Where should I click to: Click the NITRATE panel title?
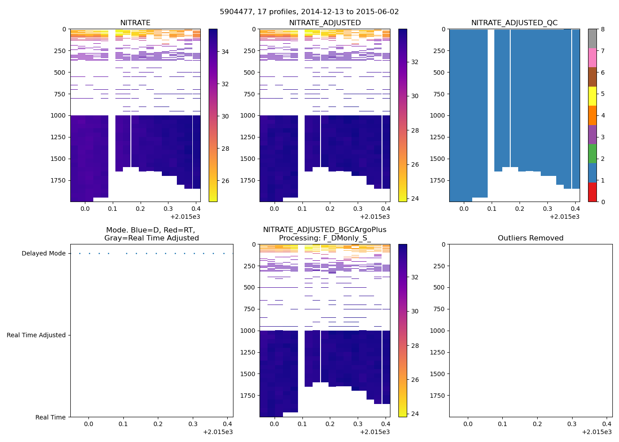(135, 23)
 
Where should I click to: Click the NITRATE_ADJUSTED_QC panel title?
(514, 23)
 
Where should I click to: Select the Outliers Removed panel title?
(531, 238)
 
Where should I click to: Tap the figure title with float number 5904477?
(309, 12)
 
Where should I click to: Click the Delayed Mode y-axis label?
(43, 254)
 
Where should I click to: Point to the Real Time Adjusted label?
(36, 335)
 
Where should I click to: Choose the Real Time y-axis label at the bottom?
(50, 417)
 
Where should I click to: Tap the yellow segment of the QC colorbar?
(592, 96)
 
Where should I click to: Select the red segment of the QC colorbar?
(592, 192)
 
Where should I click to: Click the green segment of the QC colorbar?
(592, 154)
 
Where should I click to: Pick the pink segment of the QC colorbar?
(592, 57)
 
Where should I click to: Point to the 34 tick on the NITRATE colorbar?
(225, 52)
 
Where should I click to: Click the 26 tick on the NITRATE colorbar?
(225, 181)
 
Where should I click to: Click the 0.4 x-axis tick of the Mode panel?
(227, 424)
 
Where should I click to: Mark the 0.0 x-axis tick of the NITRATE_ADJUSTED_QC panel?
(464, 209)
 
